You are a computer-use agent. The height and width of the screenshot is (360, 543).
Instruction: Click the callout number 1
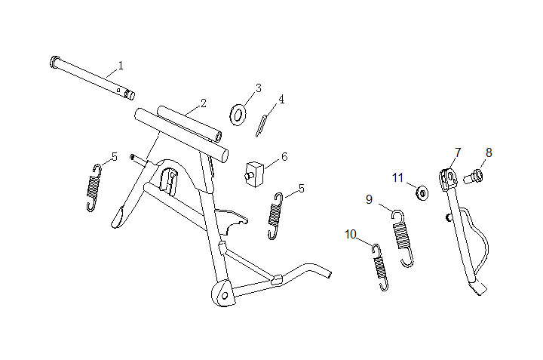(x=120, y=66)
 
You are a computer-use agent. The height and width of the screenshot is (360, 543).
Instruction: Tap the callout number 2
(x=203, y=102)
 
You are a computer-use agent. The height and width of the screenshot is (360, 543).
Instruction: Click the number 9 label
(x=369, y=199)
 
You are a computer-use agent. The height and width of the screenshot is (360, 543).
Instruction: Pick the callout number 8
(x=488, y=152)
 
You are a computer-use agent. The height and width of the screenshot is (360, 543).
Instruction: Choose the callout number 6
(x=284, y=157)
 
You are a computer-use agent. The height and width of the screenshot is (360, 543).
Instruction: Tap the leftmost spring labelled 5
(x=94, y=186)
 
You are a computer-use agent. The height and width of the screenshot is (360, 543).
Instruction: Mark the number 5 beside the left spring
(x=114, y=157)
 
